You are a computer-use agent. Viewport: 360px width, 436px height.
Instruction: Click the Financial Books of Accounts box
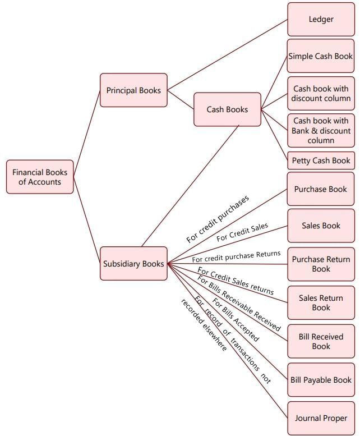pos(40,177)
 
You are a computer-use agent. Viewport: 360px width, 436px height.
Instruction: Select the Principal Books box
pos(133,90)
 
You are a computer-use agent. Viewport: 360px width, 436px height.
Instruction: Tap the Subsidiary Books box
pos(133,264)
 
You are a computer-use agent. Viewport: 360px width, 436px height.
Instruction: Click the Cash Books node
pos(227,109)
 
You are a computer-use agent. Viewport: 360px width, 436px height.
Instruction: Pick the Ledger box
pos(321,20)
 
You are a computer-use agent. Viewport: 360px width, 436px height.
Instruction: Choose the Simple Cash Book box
pos(321,56)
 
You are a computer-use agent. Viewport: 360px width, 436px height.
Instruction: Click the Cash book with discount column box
pos(321,94)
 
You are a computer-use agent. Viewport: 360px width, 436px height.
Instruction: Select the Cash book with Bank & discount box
pos(321,131)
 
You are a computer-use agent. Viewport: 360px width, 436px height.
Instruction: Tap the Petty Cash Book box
pos(321,160)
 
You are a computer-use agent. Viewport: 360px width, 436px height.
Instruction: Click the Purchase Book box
pos(321,189)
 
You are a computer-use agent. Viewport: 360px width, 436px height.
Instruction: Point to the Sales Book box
pos(321,226)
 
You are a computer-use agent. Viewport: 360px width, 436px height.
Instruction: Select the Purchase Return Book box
pos(321,264)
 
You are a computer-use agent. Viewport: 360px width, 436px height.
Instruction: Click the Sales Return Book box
pos(321,303)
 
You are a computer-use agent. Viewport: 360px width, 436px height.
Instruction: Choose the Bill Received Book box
pos(321,341)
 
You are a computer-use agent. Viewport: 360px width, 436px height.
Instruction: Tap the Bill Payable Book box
pos(321,380)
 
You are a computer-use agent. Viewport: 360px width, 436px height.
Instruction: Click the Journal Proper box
pos(321,418)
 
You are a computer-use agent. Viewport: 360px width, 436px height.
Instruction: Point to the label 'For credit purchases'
pos(218,219)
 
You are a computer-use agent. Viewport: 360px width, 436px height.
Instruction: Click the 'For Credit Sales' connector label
pos(242,232)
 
